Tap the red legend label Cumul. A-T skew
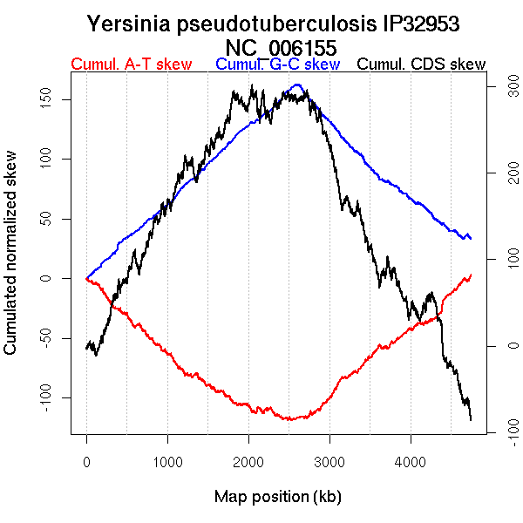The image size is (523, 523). [x=131, y=65]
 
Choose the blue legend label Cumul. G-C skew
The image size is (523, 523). [x=277, y=65]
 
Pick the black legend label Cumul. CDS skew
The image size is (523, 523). [x=422, y=65]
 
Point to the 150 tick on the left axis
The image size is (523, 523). [x=55, y=98]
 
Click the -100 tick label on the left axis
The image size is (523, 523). [x=55, y=397]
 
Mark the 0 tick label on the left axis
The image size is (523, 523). [x=55, y=278]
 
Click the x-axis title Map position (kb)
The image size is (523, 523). [x=277, y=497]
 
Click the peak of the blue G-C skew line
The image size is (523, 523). [x=297, y=85]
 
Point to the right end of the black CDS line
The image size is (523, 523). [x=471, y=420]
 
